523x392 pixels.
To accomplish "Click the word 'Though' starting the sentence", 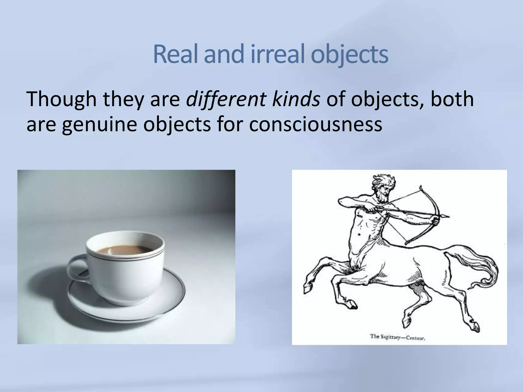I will coord(61,99).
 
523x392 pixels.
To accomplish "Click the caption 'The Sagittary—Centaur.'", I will coord(397,337).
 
